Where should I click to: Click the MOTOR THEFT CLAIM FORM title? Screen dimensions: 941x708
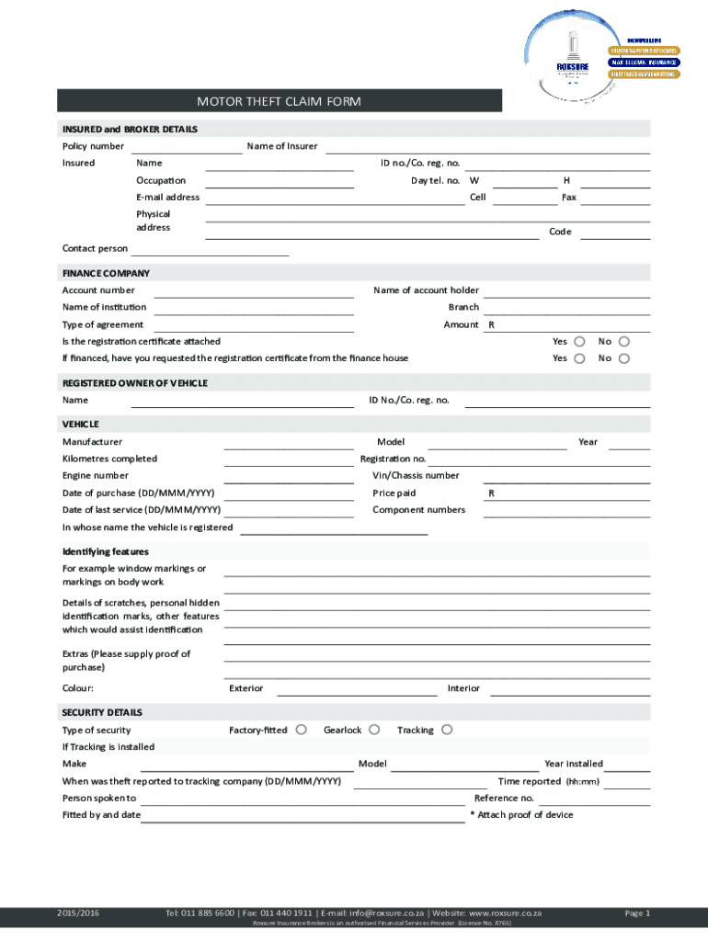click(x=279, y=101)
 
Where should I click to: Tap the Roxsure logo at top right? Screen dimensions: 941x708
click(x=573, y=51)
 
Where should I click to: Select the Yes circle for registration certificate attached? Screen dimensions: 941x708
click(x=579, y=342)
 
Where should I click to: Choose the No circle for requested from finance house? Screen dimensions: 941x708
click(x=624, y=358)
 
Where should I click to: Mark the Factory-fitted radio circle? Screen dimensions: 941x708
click(x=300, y=730)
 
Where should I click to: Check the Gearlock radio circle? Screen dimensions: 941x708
click(x=374, y=730)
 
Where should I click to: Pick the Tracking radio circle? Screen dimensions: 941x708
click(x=447, y=730)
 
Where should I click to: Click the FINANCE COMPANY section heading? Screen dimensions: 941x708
click(x=106, y=274)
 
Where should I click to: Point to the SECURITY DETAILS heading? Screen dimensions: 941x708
click(x=102, y=713)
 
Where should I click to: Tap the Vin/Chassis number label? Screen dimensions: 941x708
click(x=416, y=476)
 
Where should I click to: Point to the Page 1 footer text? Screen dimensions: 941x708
click(x=637, y=913)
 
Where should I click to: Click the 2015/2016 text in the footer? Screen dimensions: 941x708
click(x=77, y=913)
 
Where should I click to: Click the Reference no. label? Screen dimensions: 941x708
click(x=504, y=799)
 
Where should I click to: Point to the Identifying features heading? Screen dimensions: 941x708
click(x=106, y=552)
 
